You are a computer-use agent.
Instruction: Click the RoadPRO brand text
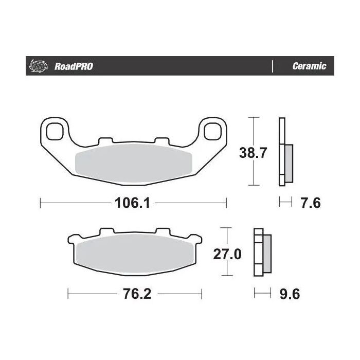click(74, 66)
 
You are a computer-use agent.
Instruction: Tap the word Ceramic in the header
click(309, 66)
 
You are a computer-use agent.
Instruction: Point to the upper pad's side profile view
click(284, 153)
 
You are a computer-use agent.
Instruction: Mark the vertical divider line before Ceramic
click(271, 66)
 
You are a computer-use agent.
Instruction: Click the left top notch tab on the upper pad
click(104, 140)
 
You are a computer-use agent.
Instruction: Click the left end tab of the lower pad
click(71, 239)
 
